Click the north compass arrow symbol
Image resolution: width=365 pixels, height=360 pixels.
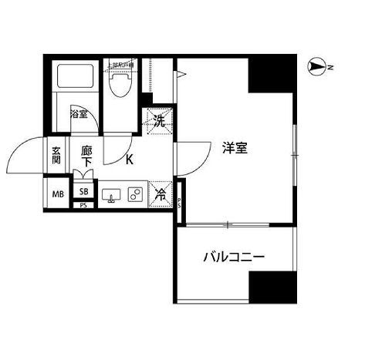pyautogui.click(x=316, y=69)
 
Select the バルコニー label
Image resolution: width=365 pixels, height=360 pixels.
pyautogui.click(x=234, y=257)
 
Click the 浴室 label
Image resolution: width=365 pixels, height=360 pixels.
pyautogui.click(x=78, y=114)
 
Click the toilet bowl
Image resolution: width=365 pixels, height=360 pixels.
pyautogui.click(x=120, y=86)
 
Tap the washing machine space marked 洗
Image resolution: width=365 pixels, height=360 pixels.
pyautogui.click(x=159, y=119)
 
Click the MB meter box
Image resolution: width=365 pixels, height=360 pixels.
pyautogui.click(x=57, y=194)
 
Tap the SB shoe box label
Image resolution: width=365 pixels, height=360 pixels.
pyautogui.click(x=83, y=192)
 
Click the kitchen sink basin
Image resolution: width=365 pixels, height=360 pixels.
pyautogui.click(x=112, y=195)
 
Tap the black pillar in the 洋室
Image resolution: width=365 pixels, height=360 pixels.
pyautogui.click(x=272, y=76)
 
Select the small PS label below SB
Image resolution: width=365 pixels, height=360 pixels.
pyautogui.click(x=83, y=206)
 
